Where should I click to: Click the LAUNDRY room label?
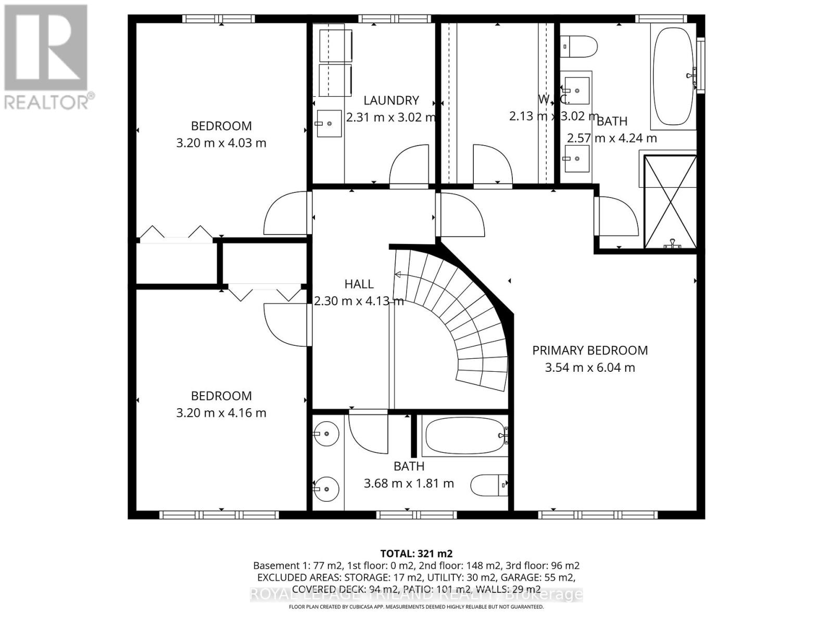click(391, 100)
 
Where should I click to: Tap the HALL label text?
click(359, 284)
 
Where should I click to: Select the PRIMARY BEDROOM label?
click(590, 350)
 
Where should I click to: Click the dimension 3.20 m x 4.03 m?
click(221, 142)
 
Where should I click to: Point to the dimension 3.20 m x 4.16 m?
click(221, 413)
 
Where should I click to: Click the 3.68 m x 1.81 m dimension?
click(409, 483)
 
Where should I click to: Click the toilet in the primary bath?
click(579, 46)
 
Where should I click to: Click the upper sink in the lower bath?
click(326, 433)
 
